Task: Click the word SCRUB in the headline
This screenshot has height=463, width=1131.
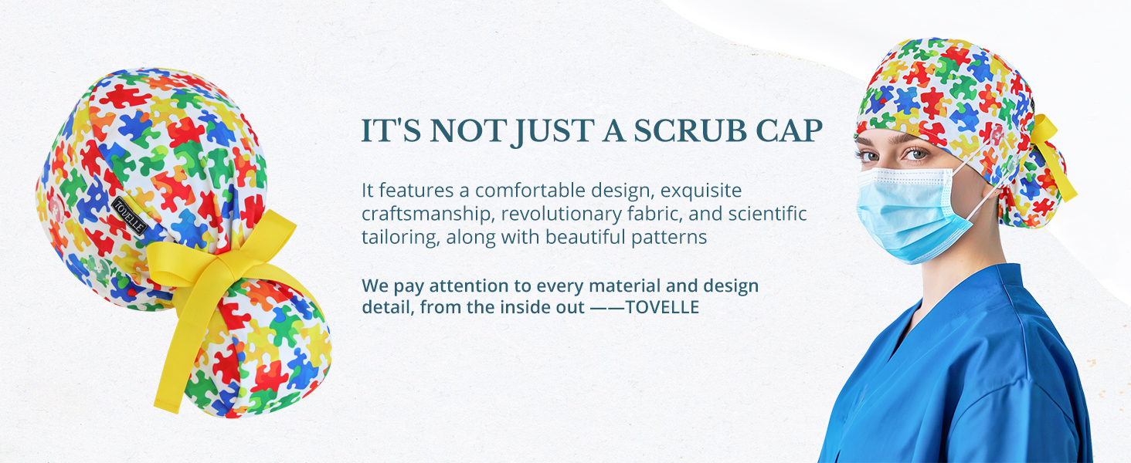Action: tap(690, 131)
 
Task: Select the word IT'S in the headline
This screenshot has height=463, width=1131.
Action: tap(392, 131)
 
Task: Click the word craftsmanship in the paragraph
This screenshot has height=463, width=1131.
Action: tap(426, 214)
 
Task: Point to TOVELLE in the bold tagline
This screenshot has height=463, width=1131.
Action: tap(662, 307)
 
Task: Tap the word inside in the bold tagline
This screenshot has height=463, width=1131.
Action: tap(521, 307)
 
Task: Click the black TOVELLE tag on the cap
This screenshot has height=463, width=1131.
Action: tap(129, 216)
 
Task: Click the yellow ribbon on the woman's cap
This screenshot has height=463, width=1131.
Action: tap(1053, 157)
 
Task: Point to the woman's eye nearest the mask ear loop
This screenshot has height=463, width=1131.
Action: tap(915, 154)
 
